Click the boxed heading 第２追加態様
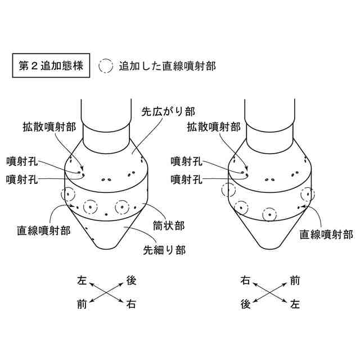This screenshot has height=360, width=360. coord(51,66)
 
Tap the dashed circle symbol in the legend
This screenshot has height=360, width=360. coord(106,66)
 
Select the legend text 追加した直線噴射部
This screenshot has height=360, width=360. coord(168,66)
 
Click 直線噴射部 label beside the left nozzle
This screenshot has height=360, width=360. coord(44,231)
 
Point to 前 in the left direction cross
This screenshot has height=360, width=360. coord(82,305)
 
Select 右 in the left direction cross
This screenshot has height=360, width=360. coord(132,305)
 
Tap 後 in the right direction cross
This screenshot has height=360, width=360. coord(245,305)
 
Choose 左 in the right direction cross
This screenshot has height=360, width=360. coord(295,305)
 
